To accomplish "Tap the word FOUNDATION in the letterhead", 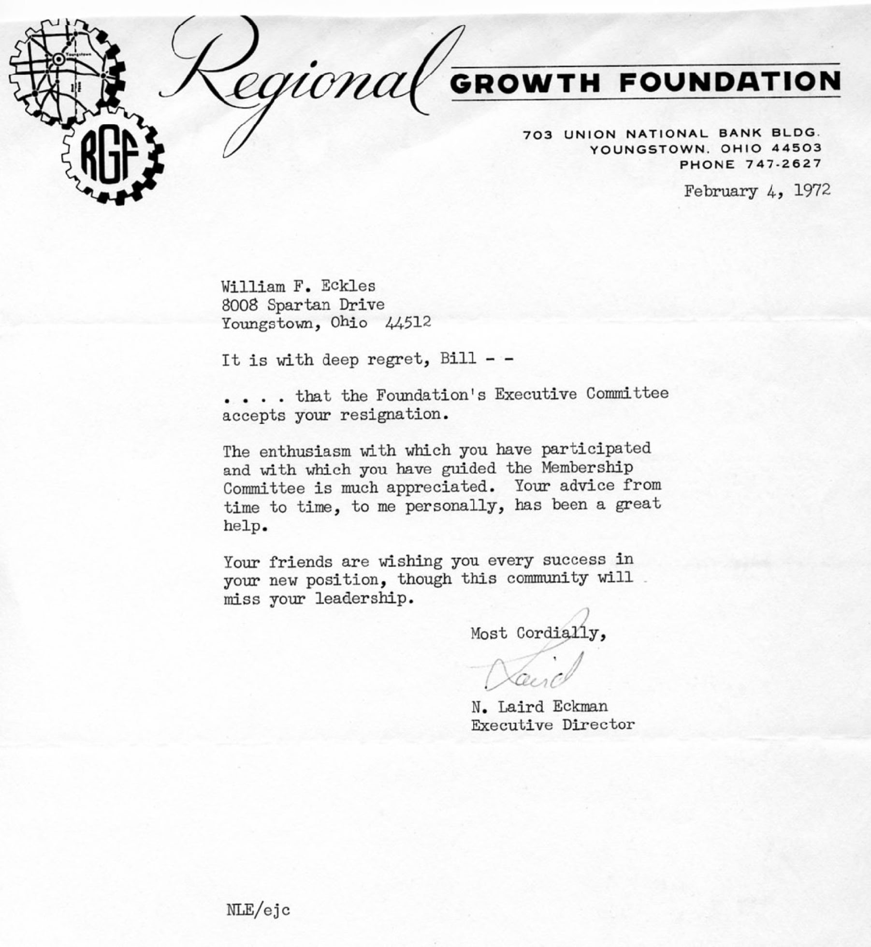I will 730,82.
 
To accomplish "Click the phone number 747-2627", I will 783,164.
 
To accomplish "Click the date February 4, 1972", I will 756,191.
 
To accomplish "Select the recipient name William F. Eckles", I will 298,287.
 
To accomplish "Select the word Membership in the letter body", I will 587,468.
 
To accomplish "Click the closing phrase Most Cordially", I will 538,633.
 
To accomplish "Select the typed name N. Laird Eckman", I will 539,707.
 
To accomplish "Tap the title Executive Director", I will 552,725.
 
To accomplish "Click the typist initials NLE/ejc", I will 258,910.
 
